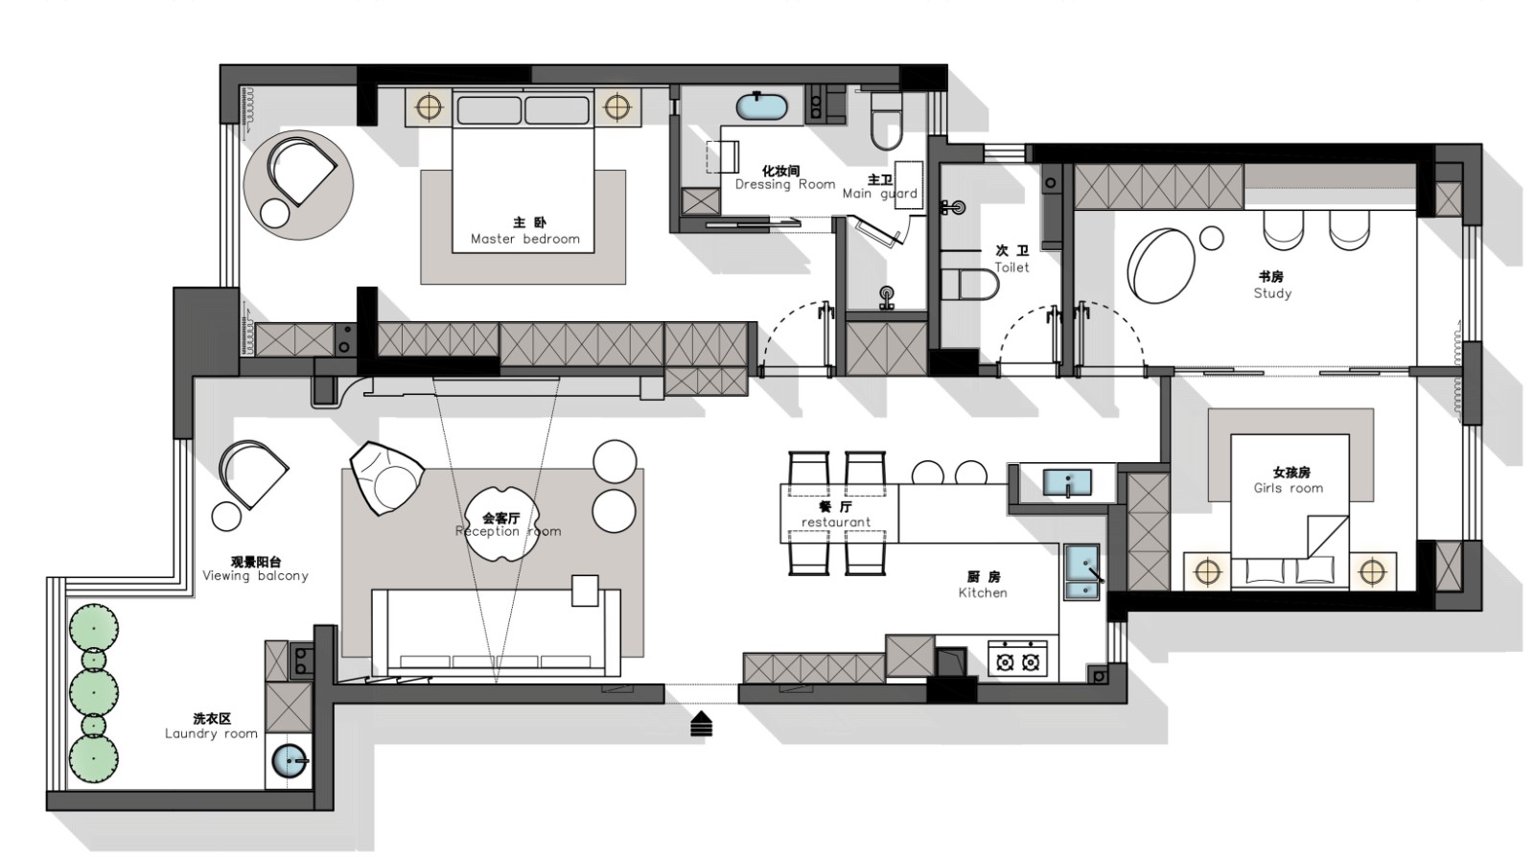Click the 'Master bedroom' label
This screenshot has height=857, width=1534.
coord(525,239)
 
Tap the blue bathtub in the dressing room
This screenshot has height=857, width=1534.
coord(761,107)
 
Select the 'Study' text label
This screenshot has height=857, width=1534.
coord(1272,293)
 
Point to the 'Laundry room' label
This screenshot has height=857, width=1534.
coord(211,733)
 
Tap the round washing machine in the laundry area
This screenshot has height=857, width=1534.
coord(291,760)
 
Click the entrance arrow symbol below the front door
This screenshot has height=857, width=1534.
coord(701,724)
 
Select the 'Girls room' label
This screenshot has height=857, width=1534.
coord(1289,488)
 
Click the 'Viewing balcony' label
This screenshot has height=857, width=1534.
coord(255,576)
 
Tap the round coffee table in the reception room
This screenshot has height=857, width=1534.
coord(497,523)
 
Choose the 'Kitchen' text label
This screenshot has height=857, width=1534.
coord(983,592)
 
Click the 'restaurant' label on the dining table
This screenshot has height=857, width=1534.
coord(835,522)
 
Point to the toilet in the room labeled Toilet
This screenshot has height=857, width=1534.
coord(969,285)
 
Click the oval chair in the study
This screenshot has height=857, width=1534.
coord(1161,266)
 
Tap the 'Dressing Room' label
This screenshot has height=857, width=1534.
coord(785,184)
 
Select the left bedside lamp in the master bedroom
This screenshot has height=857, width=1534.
coord(429,106)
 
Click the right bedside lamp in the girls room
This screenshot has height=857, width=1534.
coord(1372,571)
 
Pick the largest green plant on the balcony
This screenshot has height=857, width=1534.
coord(94,690)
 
